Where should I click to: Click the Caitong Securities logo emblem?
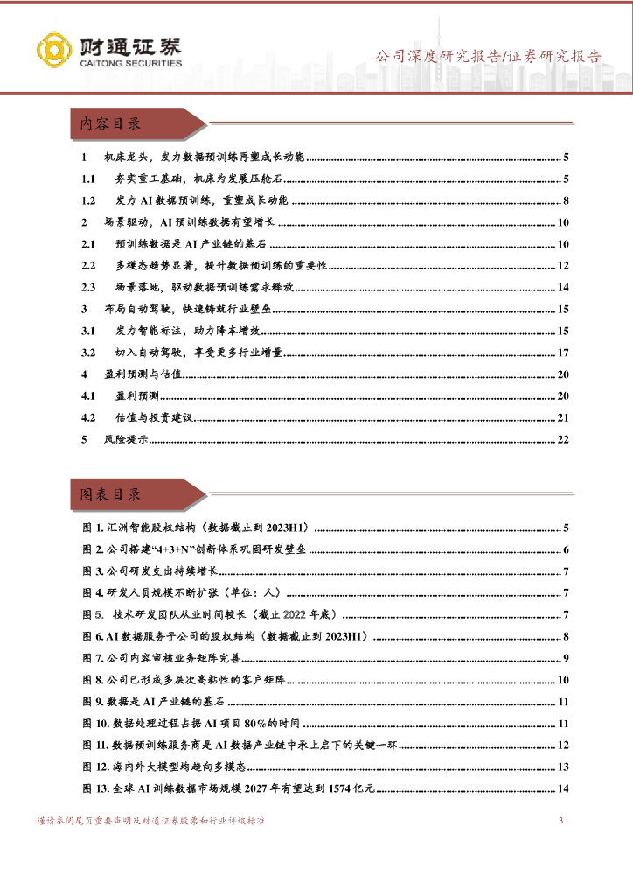[x=54, y=52]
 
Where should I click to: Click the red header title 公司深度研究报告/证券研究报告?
[x=488, y=57]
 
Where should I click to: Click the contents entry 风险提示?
[x=126, y=439]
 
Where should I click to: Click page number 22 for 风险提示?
[x=562, y=439]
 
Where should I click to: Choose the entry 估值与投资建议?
[x=152, y=417]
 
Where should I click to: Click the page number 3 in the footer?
[x=560, y=820]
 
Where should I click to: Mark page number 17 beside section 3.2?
[x=562, y=353]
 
